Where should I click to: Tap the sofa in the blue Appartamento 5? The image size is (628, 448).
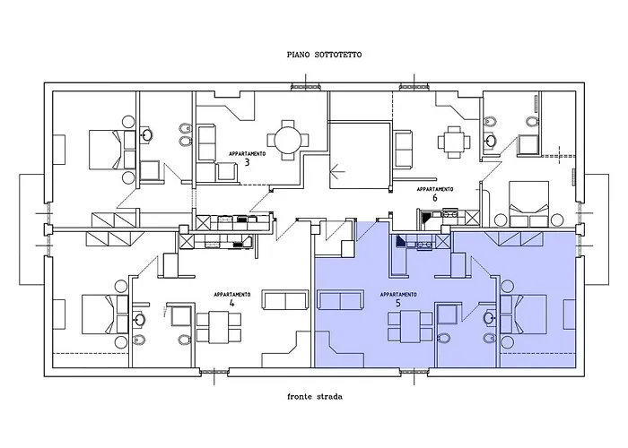point(338,302)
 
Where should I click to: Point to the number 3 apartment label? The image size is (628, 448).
point(247,165)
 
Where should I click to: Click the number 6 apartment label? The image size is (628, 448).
point(434,200)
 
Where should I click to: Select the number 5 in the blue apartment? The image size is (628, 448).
point(397,304)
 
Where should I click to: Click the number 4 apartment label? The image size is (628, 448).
point(231,304)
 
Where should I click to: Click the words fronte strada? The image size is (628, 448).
point(313,395)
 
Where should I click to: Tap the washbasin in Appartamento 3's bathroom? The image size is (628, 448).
point(147,136)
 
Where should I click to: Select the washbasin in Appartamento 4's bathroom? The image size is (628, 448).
point(140,317)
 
